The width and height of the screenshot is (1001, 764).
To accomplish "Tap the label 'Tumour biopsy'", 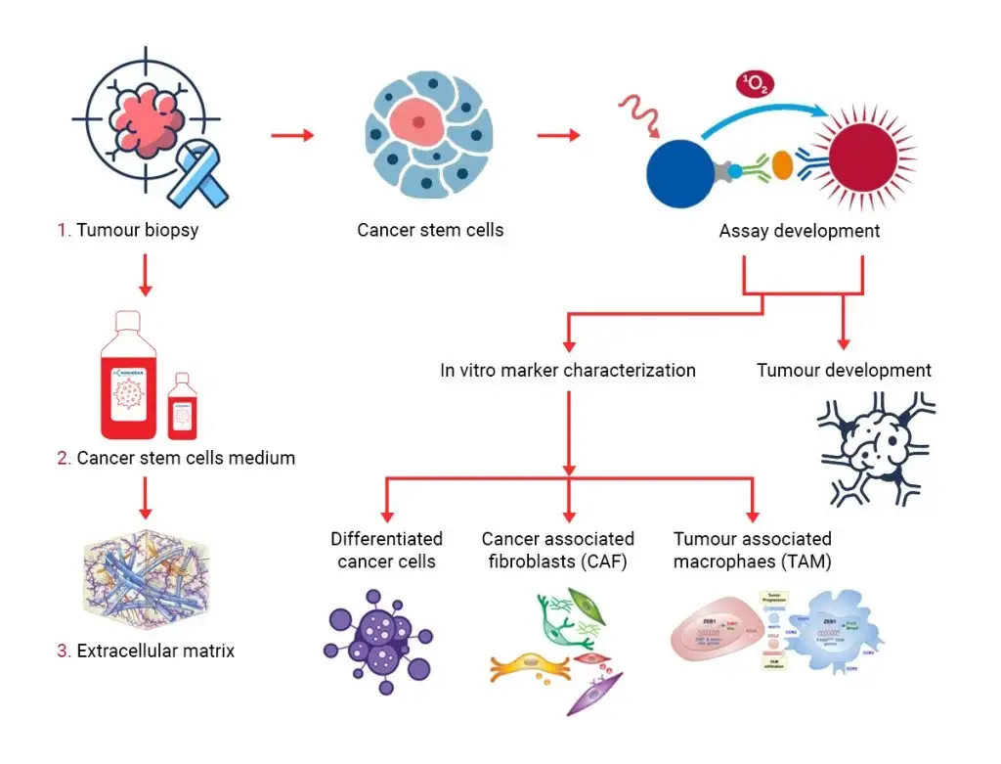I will tap(129, 231).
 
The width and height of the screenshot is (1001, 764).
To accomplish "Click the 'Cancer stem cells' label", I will tap(430, 231).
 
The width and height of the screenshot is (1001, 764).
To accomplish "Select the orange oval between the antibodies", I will tap(782, 166).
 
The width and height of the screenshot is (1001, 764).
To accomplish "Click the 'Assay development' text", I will tap(799, 231).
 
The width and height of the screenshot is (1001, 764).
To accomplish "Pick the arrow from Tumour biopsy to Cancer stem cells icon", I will tap(292, 135).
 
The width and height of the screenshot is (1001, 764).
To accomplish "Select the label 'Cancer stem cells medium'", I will tap(176, 458).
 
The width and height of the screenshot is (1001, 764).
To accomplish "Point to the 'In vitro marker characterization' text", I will tap(568, 371).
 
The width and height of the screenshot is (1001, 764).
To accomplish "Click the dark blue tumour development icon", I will tap(876, 446).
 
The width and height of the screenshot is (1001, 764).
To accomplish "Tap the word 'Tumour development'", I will tap(844, 371).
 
